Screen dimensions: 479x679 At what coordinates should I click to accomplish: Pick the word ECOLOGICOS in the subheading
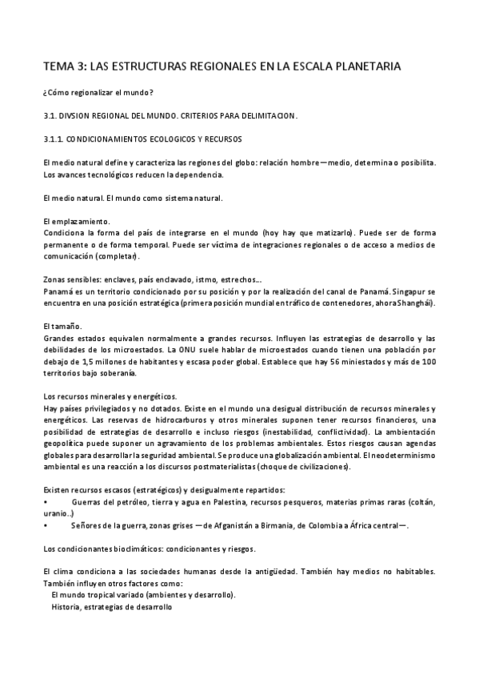pyautogui.click(x=178, y=139)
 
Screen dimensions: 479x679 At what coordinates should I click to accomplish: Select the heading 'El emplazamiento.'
pyautogui.click(x=76, y=220)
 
